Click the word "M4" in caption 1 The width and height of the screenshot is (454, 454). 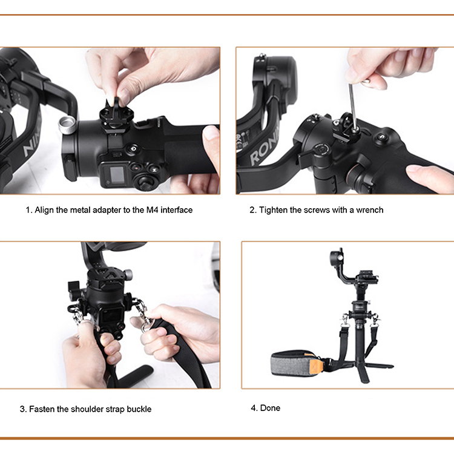(153, 209)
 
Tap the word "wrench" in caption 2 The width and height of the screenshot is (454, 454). (370, 209)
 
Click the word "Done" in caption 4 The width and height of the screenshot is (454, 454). (270, 408)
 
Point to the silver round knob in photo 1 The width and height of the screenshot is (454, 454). (67, 125)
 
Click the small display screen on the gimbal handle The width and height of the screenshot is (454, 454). (117, 174)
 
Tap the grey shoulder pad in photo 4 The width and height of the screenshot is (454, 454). (293, 364)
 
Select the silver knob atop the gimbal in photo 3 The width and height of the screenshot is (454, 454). (128, 274)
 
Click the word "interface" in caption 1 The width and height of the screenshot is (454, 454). (177, 209)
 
